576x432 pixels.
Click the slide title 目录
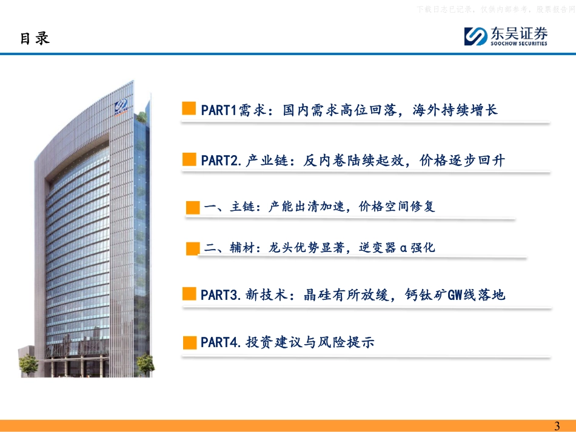coord(35,38)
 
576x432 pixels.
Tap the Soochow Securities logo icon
coord(475,36)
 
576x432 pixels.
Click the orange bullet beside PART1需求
coord(189,109)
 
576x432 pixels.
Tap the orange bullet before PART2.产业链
coord(189,160)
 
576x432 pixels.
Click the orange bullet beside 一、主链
coord(193,207)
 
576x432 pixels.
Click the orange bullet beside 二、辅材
coord(193,248)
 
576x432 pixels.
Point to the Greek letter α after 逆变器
coord(403,248)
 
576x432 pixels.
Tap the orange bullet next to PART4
coord(189,342)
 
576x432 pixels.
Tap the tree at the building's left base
coord(28,365)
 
